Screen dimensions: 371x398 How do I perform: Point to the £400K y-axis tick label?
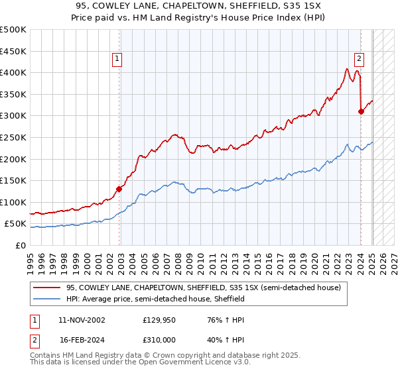[13, 72]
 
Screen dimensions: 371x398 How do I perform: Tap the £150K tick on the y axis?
[13, 180]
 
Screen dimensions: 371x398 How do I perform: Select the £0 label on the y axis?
[21, 245]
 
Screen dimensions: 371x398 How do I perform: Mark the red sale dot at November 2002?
[119, 189]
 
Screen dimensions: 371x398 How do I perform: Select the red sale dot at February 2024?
[361, 111]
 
